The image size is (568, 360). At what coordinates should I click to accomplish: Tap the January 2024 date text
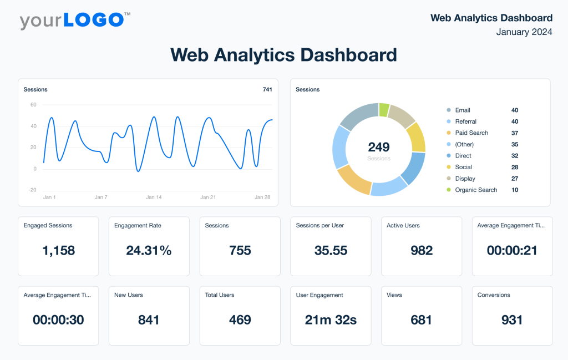pos(524,32)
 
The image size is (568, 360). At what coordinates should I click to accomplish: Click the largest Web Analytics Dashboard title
pos(283,55)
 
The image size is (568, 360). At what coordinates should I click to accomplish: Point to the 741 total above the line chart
pos(267,89)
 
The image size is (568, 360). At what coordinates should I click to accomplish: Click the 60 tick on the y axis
pos(33,105)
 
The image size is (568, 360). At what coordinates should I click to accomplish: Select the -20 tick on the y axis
pos(33,190)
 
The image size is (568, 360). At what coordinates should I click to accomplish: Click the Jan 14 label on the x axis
pos(154,197)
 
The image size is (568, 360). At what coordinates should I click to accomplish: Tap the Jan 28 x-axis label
pos(262,197)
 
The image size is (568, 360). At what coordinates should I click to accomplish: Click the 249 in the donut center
pos(379,147)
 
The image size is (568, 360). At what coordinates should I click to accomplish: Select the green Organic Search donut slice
pos(384,110)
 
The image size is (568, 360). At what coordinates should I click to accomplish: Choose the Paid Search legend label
pos(471,133)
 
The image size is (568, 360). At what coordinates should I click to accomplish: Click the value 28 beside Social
pos(515,167)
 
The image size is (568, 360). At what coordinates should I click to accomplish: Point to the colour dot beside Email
pos(448,110)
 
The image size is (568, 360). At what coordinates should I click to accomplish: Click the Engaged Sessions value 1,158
pos(58,251)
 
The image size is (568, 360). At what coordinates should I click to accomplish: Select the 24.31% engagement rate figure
pos(149,251)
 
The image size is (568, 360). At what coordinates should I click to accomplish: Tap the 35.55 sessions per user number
pos(331,251)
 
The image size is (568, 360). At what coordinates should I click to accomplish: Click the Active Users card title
pos(403,226)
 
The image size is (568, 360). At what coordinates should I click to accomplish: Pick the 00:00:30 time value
pos(58,320)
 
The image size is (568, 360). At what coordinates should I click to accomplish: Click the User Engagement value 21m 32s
pos(331,320)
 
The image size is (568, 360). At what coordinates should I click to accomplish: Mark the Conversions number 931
pos(512,320)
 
